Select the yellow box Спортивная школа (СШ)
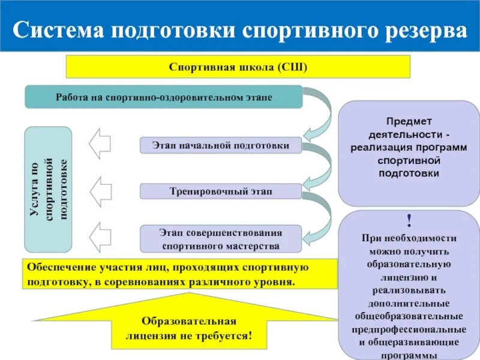click(238, 67)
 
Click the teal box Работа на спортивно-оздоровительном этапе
click(164, 97)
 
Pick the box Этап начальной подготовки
click(221, 145)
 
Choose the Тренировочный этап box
click(221, 191)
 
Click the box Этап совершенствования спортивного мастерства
click(221, 239)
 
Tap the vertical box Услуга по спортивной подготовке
click(48, 189)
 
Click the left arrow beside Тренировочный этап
click(100, 191)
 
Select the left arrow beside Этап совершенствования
click(100, 236)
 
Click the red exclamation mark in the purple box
click(409, 221)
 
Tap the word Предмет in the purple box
click(409, 121)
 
